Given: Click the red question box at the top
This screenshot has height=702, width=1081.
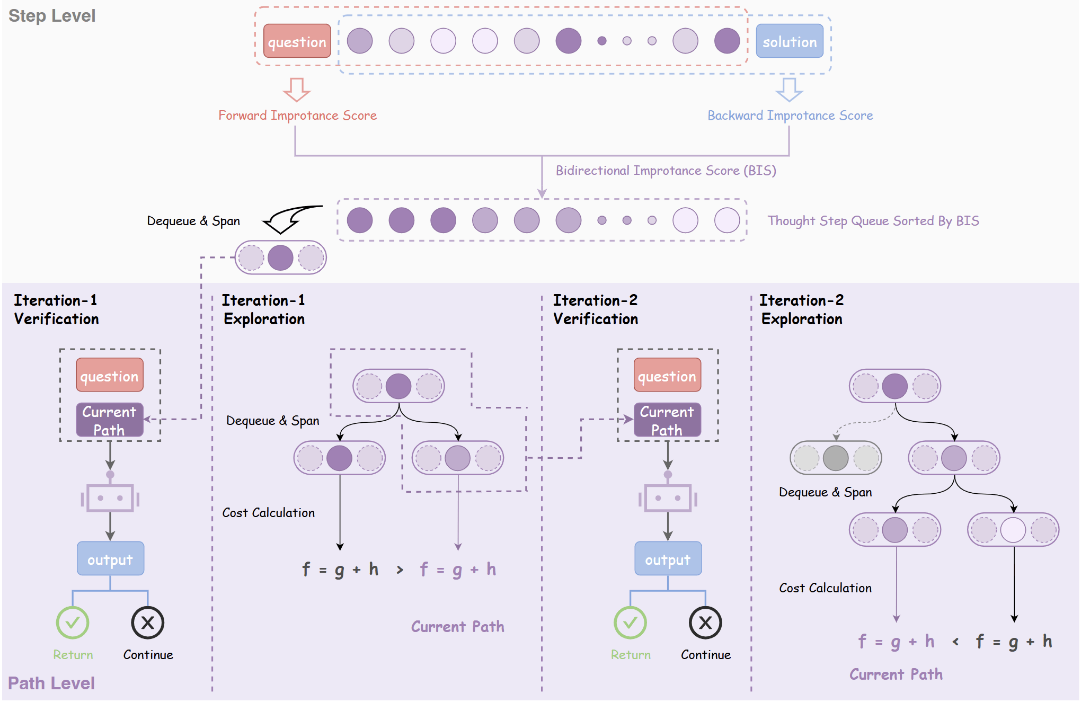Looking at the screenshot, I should [x=297, y=41].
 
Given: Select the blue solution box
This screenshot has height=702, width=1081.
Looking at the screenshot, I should [x=789, y=41].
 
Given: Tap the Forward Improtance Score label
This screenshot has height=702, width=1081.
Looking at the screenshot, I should [x=297, y=115].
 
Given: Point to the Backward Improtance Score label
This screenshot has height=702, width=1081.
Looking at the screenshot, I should [x=790, y=115].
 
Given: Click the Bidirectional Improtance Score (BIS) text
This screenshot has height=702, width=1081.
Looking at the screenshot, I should [x=666, y=171].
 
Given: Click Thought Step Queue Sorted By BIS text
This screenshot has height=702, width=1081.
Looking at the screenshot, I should [x=873, y=221].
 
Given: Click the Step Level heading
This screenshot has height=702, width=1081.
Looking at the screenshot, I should [x=52, y=16].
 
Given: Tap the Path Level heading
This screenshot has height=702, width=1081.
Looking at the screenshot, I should [x=51, y=683].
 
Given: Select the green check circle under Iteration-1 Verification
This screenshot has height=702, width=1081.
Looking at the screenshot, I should [x=73, y=623].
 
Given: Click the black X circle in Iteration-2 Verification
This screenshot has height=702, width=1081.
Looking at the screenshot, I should [x=705, y=623].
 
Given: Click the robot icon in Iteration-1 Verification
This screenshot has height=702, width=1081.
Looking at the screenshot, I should [x=110, y=498].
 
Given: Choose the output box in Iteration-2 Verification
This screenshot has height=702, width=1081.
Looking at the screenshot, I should [x=668, y=559].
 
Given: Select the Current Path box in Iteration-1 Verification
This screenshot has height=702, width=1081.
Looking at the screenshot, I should [x=110, y=420].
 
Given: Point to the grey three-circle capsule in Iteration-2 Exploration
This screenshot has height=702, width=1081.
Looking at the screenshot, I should [x=835, y=458].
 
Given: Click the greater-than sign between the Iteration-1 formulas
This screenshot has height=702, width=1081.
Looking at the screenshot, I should [x=400, y=570].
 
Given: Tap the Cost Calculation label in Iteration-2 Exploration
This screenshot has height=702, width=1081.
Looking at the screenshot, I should [x=825, y=588].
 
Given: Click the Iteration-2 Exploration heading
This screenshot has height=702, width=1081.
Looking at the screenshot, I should [x=801, y=309].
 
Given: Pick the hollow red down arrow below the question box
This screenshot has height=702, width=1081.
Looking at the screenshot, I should [x=296, y=90].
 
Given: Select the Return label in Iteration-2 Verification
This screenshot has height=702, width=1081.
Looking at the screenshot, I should [x=630, y=655].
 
